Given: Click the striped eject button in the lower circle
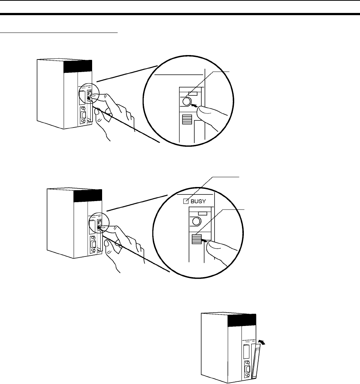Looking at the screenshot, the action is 196,239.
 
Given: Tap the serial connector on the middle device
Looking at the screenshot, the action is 93,245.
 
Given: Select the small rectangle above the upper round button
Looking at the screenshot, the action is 193,93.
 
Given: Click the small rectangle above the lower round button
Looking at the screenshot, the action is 202,213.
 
